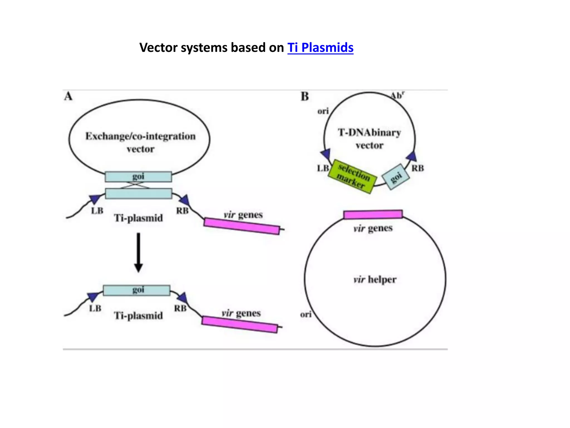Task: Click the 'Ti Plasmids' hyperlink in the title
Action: [320, 48]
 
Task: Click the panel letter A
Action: [68, 96]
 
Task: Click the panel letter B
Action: [305, 96]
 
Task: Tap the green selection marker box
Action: [352, 176]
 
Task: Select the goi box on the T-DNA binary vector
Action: [395, 177]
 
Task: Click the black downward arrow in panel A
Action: [138, 252]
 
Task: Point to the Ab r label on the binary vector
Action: [397, 96]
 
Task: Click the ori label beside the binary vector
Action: [323, 111]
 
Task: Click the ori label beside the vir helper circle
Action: [306, 315]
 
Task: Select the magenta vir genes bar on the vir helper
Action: [373, 215]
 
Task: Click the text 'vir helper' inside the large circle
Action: [375, 279]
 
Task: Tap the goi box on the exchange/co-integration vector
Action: [138, 177]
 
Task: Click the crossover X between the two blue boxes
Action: [135, 185]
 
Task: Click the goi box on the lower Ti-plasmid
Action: [137, 290]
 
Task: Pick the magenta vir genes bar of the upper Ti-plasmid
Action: [242, 226]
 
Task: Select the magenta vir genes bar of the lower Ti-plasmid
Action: [240, 324]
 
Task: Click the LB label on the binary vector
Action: [323, 168]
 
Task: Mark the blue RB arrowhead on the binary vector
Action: [412, 156]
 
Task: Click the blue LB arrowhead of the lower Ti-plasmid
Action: [92, 297]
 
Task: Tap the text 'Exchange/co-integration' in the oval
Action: [140, 136]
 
